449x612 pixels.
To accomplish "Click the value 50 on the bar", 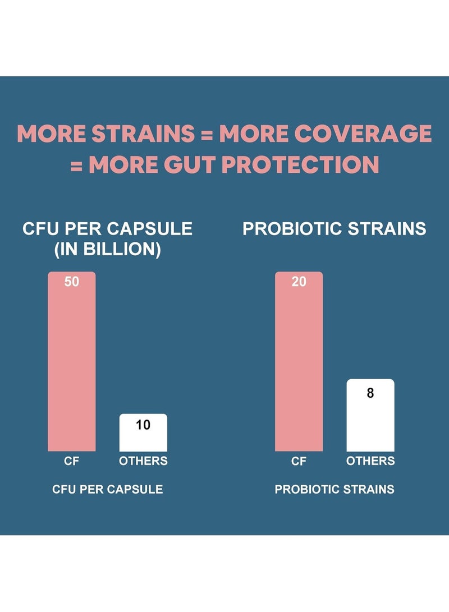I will point(72,282).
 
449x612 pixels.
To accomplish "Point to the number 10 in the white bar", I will point(143,425).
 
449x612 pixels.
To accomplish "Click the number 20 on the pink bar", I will point(299,282).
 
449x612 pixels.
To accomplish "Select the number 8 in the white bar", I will point(370,393).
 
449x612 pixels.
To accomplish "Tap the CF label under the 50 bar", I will point(72,461).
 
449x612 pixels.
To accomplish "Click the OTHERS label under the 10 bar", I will point(143,461).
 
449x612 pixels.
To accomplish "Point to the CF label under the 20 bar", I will point(299,461).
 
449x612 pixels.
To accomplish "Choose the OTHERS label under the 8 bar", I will point(370,461).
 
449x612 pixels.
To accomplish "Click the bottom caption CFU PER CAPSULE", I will point(108,489).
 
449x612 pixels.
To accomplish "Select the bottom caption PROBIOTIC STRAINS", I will point(335,489).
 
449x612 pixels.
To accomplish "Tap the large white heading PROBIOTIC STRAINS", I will point(335,229).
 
